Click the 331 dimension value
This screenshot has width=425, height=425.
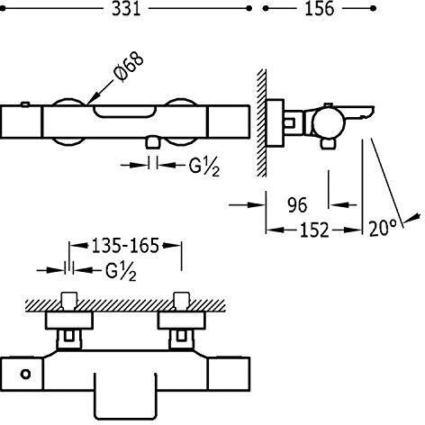126,9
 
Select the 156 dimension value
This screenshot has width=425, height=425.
320,9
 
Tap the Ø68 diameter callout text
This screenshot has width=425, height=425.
129,67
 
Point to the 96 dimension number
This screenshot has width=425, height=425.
297,205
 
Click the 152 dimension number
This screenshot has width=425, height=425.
314,231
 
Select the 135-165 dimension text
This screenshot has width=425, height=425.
125,246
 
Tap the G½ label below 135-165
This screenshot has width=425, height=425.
121,272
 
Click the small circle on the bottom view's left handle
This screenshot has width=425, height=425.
25,374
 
